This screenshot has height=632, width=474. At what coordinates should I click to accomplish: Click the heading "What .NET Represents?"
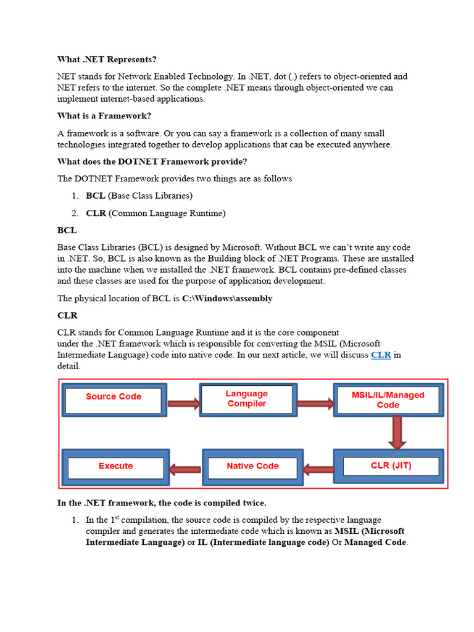107,59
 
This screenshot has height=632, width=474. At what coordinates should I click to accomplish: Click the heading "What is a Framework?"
104,115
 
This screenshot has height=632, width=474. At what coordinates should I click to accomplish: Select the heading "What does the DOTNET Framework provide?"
152,162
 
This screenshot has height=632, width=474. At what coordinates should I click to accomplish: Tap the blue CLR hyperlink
381,355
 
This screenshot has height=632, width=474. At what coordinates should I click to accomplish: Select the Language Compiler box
247,399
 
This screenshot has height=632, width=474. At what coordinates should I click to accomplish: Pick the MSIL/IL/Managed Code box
387,400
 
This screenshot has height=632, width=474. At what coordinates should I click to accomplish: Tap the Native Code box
252,467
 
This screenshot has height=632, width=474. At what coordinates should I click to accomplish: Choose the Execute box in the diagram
115,467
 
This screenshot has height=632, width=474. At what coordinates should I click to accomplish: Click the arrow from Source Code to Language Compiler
183,404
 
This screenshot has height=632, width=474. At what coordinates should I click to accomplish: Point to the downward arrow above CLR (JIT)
397,432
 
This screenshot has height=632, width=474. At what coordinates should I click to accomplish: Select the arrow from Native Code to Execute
185,470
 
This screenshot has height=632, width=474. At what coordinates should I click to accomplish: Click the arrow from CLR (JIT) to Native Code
318,470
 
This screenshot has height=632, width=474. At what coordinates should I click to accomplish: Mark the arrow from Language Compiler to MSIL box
315,404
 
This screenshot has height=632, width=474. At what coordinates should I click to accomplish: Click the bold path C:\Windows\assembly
227,298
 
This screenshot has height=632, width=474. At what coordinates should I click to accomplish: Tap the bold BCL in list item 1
96,196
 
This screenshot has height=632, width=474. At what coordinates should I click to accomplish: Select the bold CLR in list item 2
96,213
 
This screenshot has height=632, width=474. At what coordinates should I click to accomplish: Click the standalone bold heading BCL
67,230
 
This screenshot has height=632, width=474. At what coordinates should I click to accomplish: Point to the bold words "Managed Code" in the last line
375,542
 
